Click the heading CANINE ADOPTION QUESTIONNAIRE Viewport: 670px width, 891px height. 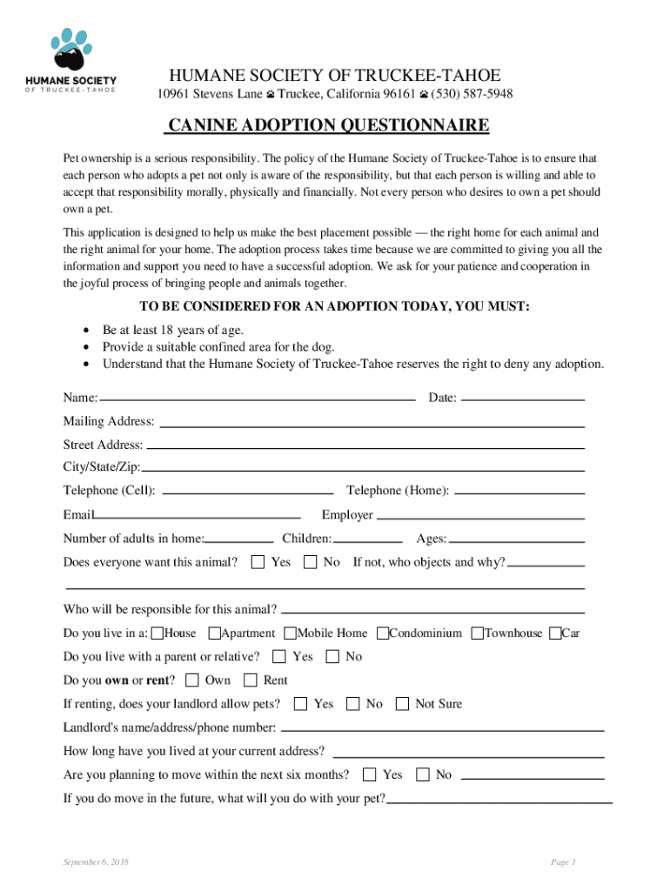click(328, 126)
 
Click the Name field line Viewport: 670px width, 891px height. click(258, 399)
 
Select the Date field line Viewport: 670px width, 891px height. click(522, 399)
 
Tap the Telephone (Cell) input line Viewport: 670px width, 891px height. click(248, 492)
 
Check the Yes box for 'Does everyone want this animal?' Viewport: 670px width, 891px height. click(258, 562)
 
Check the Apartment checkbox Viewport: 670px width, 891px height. click(214, 633)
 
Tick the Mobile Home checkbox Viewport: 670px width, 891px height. click(291, 633)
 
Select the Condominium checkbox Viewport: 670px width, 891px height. click(383, 633)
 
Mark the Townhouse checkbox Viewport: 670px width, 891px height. click(478, 633)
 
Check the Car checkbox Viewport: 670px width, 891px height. click(555, 633)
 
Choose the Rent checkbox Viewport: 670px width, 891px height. click(251, 680)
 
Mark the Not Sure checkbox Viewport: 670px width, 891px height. click(403, 704)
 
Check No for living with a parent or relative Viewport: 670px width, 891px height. click(332, 657)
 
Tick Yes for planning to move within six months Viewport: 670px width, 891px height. click(370, 774)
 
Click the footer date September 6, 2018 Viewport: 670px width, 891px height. click(96, 862)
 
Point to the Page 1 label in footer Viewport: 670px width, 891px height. click(562, 862)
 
